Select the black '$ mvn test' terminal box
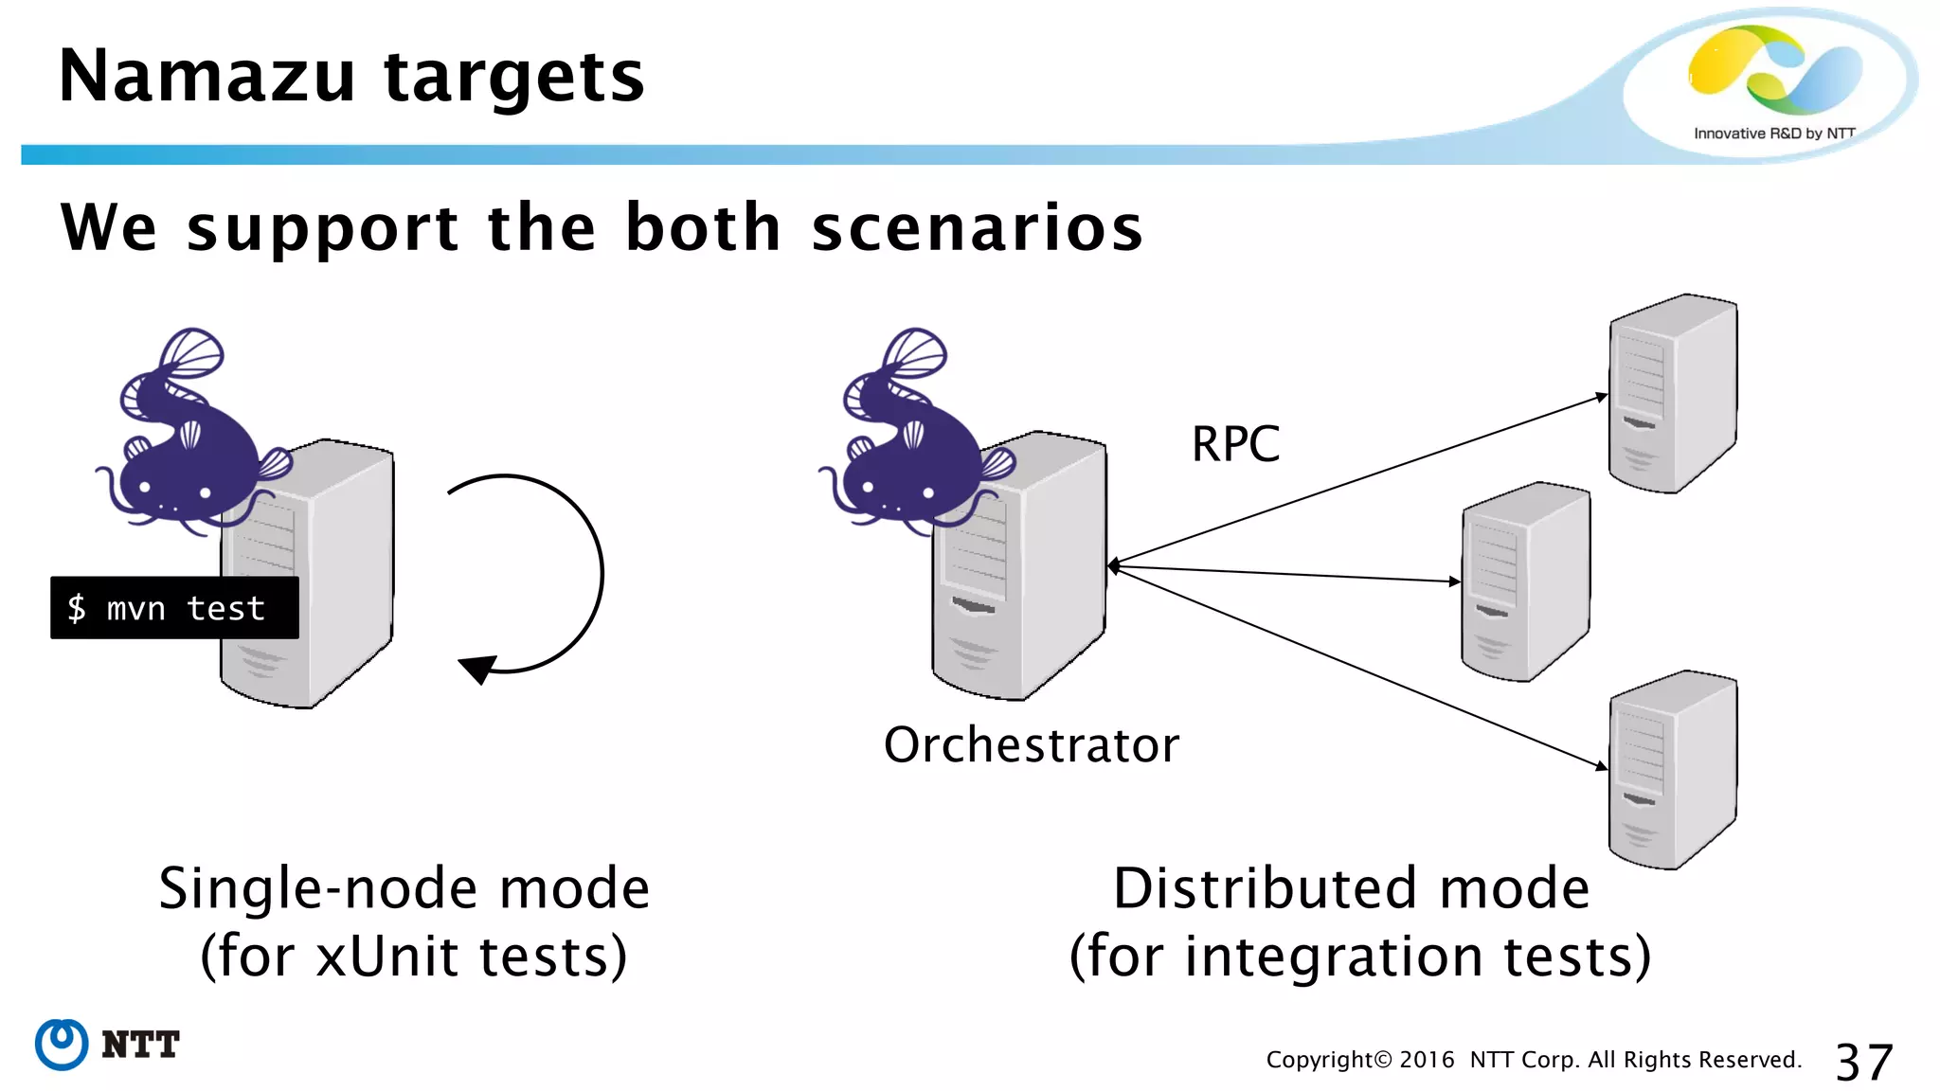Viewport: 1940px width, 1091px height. [x=174, y=608]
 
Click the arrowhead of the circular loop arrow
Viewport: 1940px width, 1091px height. [x=478, y=668]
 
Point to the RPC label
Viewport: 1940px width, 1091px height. [x=1235, y=443]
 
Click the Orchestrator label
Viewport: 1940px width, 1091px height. [x=1032, y=744]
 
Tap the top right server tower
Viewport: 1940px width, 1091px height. [x=1672, y=394]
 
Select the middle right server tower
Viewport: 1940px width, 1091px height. [x=1525, y=581]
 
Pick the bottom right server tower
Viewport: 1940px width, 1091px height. [x=1672, y=769]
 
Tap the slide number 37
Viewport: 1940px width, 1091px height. [x=1863, y=1062]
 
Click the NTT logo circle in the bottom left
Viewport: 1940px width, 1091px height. [x=63, y=1045]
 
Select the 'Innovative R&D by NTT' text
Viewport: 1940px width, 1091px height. [x=1773, y=134]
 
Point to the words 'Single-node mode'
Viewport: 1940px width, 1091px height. [x=404, y=888]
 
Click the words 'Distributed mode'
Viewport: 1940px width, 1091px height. [x=1351, y=888]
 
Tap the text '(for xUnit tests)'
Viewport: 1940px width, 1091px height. [x=414, y=957]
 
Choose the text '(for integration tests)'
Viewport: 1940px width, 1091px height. [x=1360, y=957]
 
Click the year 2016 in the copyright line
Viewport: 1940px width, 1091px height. [x=1427, y=1060]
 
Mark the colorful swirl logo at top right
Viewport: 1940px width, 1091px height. [x=1773, y=68]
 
